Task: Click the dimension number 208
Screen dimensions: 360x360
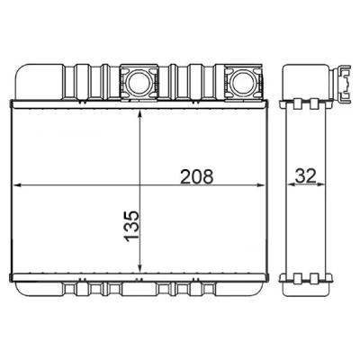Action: coord(196,176)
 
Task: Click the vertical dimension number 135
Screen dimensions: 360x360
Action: coord(131,226)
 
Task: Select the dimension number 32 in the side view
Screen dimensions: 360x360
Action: coord(306,175)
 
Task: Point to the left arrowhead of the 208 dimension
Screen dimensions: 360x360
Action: coord(17,185)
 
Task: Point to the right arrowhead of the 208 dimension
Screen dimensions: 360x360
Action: coord(260,185)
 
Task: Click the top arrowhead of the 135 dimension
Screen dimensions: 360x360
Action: coord(139,113)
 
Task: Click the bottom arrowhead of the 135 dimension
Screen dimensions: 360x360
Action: coord(139,267)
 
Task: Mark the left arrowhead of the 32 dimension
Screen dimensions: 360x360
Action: coord(291,184)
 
